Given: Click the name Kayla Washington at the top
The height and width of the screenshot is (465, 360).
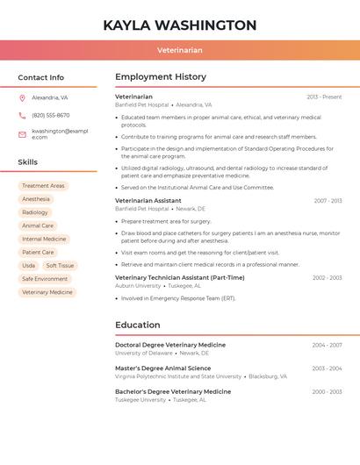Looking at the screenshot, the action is coord(180,25).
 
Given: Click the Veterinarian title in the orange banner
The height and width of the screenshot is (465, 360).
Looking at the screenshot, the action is coord(180,51).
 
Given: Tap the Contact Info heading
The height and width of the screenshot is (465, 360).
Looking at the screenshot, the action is coord(41,77).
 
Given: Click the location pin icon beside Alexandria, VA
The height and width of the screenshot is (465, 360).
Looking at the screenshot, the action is coord(22,98).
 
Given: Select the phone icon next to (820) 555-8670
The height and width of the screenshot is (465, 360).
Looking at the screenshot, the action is coord(22,116).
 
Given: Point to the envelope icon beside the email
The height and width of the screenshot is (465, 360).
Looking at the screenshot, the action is coord(22,133).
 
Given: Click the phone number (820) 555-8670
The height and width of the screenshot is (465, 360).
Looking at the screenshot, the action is coord(51,116).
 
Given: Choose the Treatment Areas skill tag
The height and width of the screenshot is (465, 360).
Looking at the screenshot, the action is coord(43,186).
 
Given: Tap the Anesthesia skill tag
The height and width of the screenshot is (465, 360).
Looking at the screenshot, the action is coord(36,199).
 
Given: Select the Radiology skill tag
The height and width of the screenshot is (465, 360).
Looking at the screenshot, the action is coord(35,212).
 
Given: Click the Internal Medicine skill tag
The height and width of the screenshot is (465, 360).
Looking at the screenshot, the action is coord(44,239).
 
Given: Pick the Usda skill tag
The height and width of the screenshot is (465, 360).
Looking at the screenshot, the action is coord(28,265).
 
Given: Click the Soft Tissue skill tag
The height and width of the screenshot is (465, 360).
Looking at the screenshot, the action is coord(61,265).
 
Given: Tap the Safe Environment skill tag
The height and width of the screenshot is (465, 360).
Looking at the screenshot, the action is coord(45,279).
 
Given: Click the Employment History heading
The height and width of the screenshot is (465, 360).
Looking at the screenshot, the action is coord(161,77).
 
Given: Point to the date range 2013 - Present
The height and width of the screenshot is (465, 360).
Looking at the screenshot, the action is coord(324,97).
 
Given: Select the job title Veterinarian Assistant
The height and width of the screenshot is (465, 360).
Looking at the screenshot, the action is coord(148,201).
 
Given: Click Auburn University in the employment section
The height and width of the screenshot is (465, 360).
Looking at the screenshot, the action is coord(138,285).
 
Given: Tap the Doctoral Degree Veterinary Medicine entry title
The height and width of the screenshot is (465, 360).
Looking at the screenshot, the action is coord(170,345).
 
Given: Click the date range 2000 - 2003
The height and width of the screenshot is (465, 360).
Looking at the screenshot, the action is coord(327,391).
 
